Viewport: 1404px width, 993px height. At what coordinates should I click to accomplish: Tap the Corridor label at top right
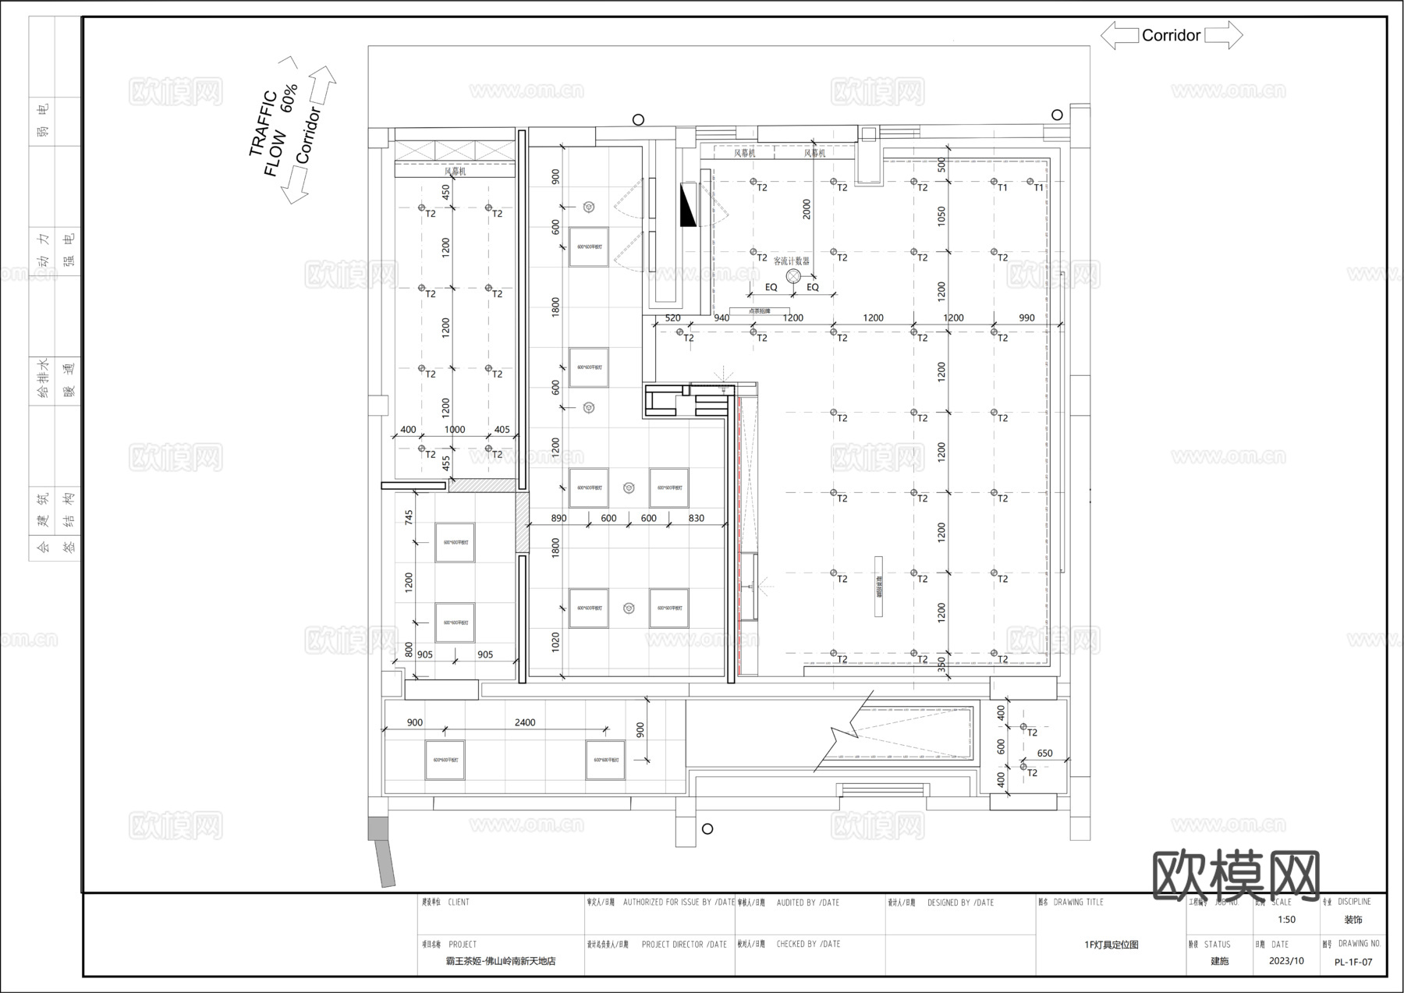[1171, 36]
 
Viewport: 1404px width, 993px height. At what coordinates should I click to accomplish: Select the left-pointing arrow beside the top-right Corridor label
[1119, 36]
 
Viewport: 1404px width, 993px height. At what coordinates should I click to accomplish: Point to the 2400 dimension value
[525, 722]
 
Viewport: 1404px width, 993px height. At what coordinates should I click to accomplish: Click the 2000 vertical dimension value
[807, 209]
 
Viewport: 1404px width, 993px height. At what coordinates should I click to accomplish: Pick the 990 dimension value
[1027, 317]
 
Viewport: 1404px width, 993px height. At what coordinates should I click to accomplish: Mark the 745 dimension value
[409, 517]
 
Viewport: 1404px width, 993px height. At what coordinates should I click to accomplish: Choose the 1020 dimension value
[555, 642]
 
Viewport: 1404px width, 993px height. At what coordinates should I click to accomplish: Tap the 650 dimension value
[1044, 753]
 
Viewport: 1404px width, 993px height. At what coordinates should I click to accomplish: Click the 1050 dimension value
[941, 216]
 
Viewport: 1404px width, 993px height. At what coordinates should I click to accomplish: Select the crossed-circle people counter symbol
[793, 276]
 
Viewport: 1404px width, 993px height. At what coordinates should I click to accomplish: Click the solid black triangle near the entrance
[687, 205]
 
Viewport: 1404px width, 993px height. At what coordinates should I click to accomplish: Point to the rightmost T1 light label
[1038, 187]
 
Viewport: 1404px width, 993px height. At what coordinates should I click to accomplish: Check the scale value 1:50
[1286, 920]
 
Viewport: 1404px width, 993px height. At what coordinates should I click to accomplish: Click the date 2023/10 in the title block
[1286, 961]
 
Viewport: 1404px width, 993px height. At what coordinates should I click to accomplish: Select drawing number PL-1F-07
[1353, 962]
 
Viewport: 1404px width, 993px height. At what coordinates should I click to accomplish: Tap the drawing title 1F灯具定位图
[1111, 945]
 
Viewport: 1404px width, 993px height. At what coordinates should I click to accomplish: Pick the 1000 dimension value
[455, 430]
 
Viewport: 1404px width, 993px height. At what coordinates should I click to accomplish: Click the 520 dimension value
[672, 317]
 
